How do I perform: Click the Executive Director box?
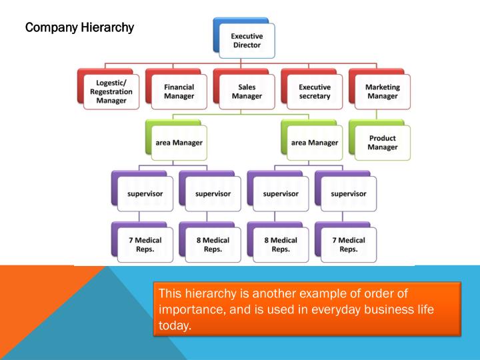coord(246,39)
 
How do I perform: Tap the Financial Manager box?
coord(179,91)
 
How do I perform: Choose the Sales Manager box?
coord(246,91)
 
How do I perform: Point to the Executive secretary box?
coord(314,91)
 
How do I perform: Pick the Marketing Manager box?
coord(382,91)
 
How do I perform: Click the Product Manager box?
coord(382,143)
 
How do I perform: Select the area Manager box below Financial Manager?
coord(179,143)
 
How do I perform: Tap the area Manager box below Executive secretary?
coord(314,143)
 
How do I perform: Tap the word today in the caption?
coord(173,327)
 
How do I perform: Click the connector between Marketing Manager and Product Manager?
coord(382,115)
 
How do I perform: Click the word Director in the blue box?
coord(246,45)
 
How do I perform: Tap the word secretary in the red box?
coord(314,96)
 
